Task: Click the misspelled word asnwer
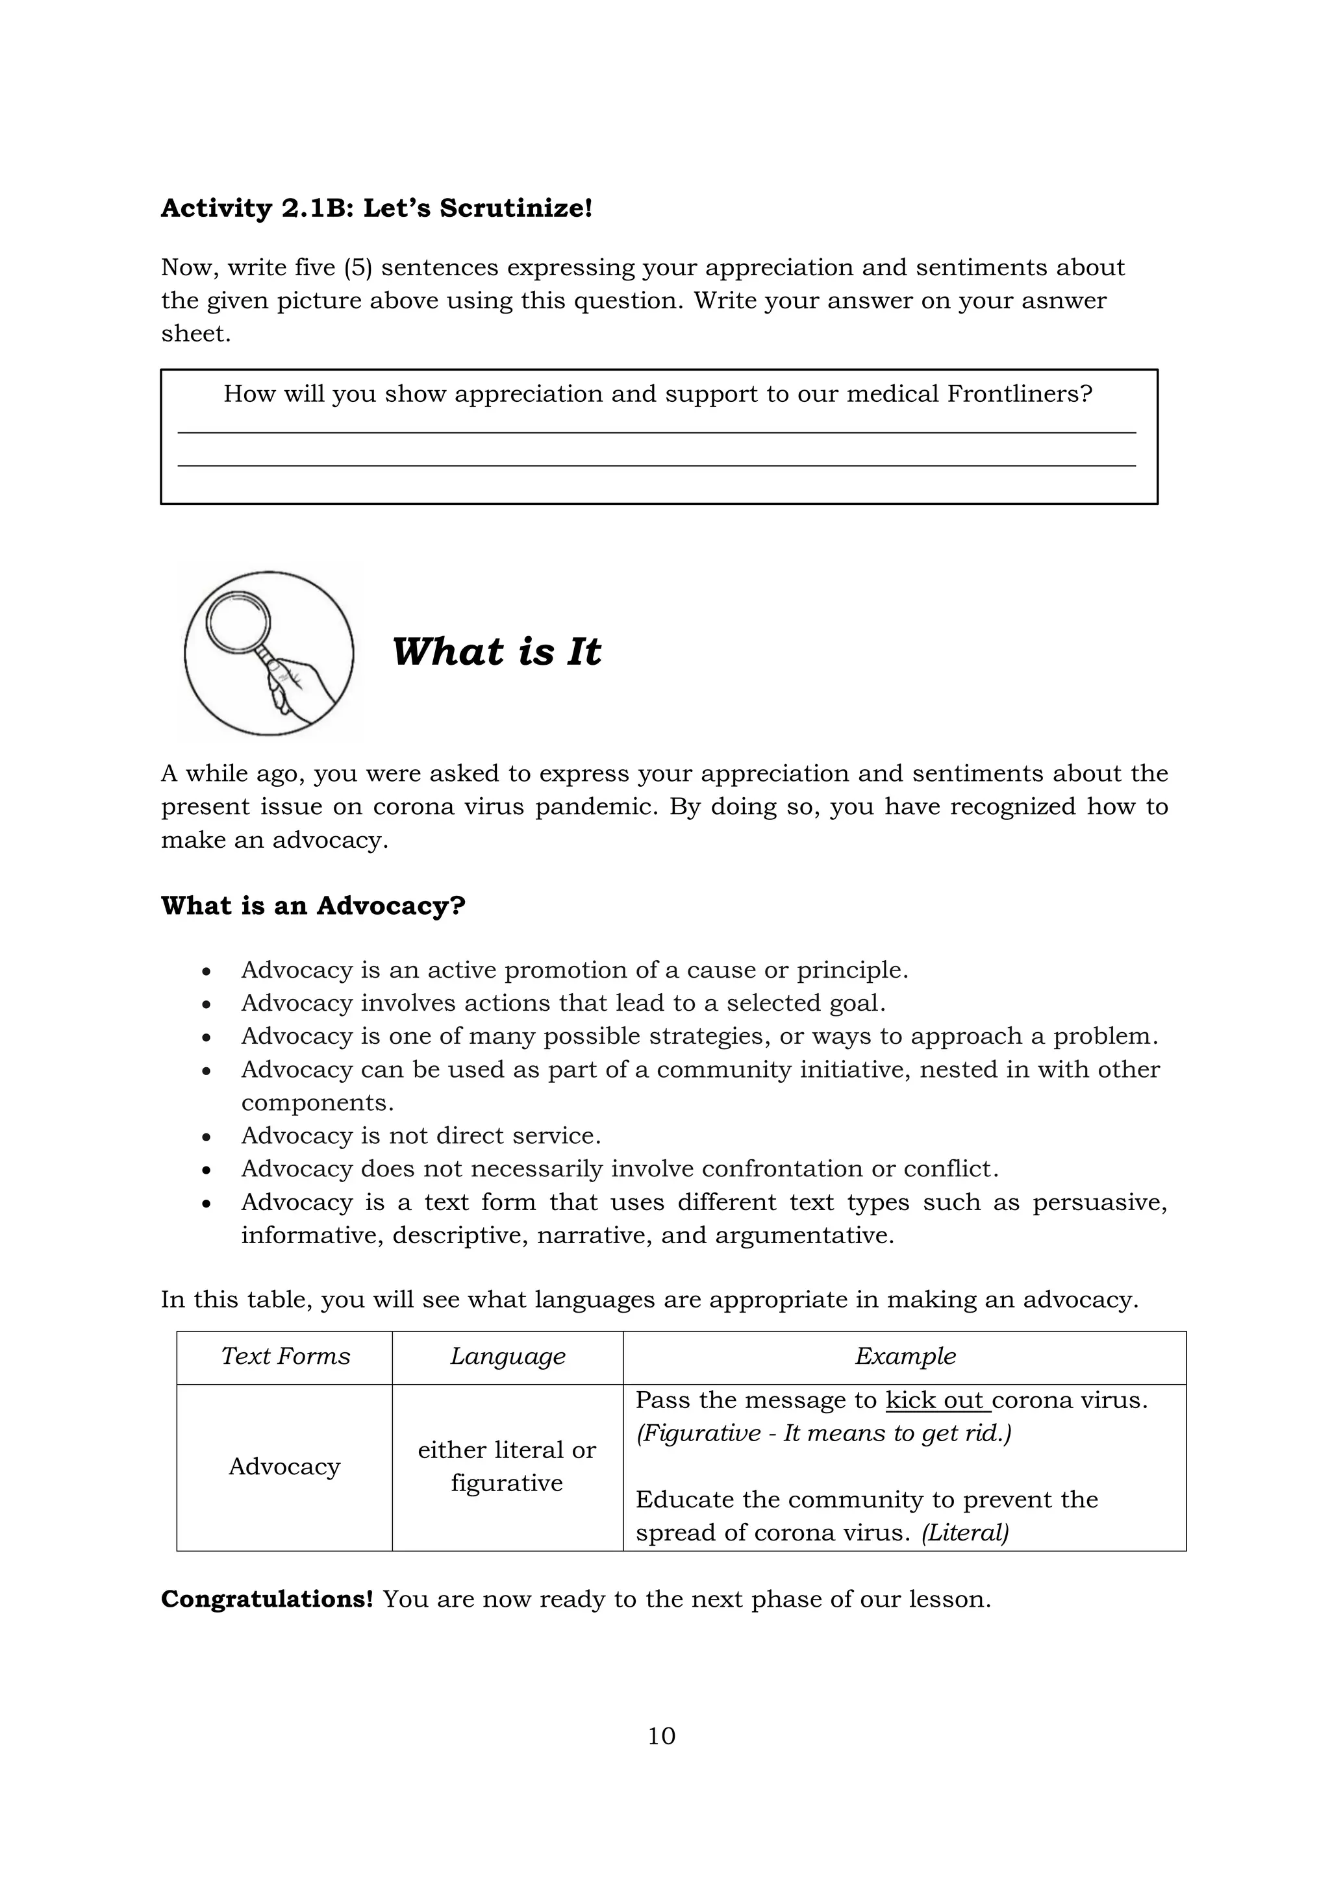click(x=1063, y=301)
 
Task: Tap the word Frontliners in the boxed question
click(x=1010, y=394)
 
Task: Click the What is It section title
click(x=496, y=652)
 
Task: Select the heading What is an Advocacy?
click(x=313, y=906)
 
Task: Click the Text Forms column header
click(x=285, y=1356)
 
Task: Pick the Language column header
click(x=508, y=1356)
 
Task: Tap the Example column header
click(x=905, y=1356)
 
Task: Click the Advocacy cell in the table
click(x=284, y=1466)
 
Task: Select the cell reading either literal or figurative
click(x=507, y=1466)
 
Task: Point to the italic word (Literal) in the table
click(x=965, y=1532)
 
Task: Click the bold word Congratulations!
click(x=267, y=1599)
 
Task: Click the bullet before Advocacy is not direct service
click(x=207, y=1137)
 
